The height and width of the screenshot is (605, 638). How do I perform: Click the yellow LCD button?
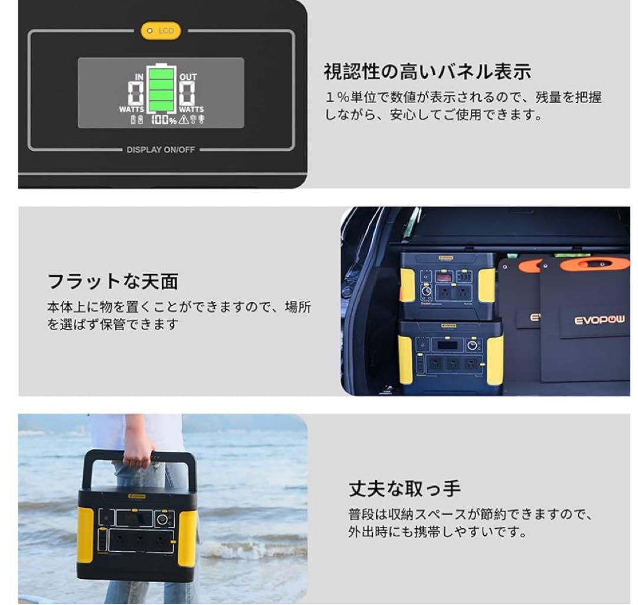pos(161,31)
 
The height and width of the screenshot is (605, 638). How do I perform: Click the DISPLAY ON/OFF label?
pos(161,150)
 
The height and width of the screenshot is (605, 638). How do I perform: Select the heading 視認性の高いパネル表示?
pos(428,73)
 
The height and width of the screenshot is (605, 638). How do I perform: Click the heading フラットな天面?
pos(113,282)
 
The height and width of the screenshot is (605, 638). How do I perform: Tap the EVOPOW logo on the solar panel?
pos(599,320)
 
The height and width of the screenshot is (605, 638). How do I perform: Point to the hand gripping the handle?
pos(140,452)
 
